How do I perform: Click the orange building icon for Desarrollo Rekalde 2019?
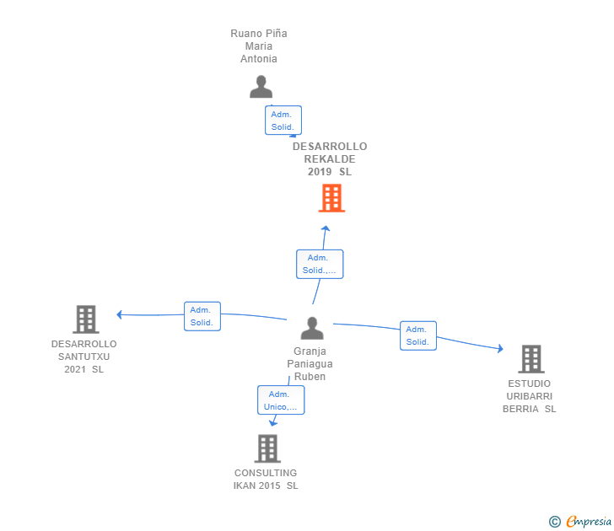pyautogui.click(x=331, y=198)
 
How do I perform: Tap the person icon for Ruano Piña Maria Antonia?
pyautogui.click(x=261, y=87)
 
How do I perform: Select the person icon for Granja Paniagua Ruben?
pyautogui.click(x=312, y=328)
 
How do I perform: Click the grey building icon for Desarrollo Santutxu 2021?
pyautogui.click(x=86, y=319)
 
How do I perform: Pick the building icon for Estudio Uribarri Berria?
pyautogui.click(x=531, y=359)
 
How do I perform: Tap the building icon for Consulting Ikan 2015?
pyautogui.click(x=267, y=448)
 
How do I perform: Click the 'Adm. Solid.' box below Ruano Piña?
pyautogui.click(x=283, y=121)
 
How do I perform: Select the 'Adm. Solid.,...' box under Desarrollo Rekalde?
pyautogui.click(x=320, y=265)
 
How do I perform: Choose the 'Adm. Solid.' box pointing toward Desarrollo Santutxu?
pyautogui.click(x=202, y=316)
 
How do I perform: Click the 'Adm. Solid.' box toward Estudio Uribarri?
pyautogui.click(x=418, y=335)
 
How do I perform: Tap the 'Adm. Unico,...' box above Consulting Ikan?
pyautogui.click(x=281, y=400)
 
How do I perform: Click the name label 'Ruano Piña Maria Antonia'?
pyautogui.click(x=259, y=46)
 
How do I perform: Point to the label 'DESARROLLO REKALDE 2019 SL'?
pyautogui.click(x=330, y=159)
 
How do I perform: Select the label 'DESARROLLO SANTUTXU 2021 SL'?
pyautogui.click(x=84, y=357)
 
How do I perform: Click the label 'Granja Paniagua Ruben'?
pyautogui.click(x=310, y=364)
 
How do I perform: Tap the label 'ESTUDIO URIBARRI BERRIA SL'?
pyautogui.click(x=530, y=396)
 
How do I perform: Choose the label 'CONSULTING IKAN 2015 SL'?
pyautogui.click(x=266, y=479)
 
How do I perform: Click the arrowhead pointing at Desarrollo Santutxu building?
pyautogui.click(x=120, y=315)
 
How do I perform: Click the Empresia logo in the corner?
pyautogui.click(x=581, y=522)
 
